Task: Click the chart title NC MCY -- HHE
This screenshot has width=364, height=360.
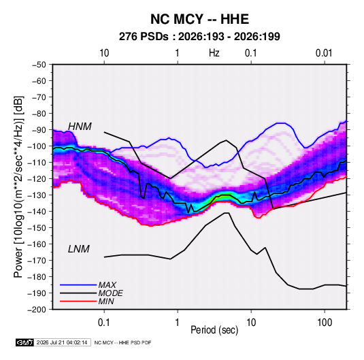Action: click(199, 19)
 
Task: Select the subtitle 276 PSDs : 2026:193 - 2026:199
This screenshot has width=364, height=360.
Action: click(199, 37)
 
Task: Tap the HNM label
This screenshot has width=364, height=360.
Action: click(80, 127)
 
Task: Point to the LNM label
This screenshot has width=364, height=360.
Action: click(78, 249)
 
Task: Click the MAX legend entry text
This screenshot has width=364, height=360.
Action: click(107, 284)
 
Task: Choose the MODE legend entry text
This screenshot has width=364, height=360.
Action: click(110, 293)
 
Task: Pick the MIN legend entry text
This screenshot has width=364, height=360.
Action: click(106, 301)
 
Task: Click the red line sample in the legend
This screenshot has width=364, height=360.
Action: click(78, 301)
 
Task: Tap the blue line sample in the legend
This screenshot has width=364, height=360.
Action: click(78, 284)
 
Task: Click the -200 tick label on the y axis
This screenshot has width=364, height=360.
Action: click(37, 310)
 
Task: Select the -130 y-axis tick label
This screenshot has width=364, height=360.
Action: click(37, 195)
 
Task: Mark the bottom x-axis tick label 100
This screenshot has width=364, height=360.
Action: click(325, 323)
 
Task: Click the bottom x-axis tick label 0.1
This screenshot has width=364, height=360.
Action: click(104, 323)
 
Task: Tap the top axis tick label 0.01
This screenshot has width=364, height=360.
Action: click(324, 53)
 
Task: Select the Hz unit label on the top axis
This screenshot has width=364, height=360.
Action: click(214, 53)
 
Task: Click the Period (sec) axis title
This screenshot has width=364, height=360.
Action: click(214, 330)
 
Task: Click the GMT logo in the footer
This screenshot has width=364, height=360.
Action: click(24, 342)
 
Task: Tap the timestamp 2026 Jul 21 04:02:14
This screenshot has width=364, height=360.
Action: click(62, 342)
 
